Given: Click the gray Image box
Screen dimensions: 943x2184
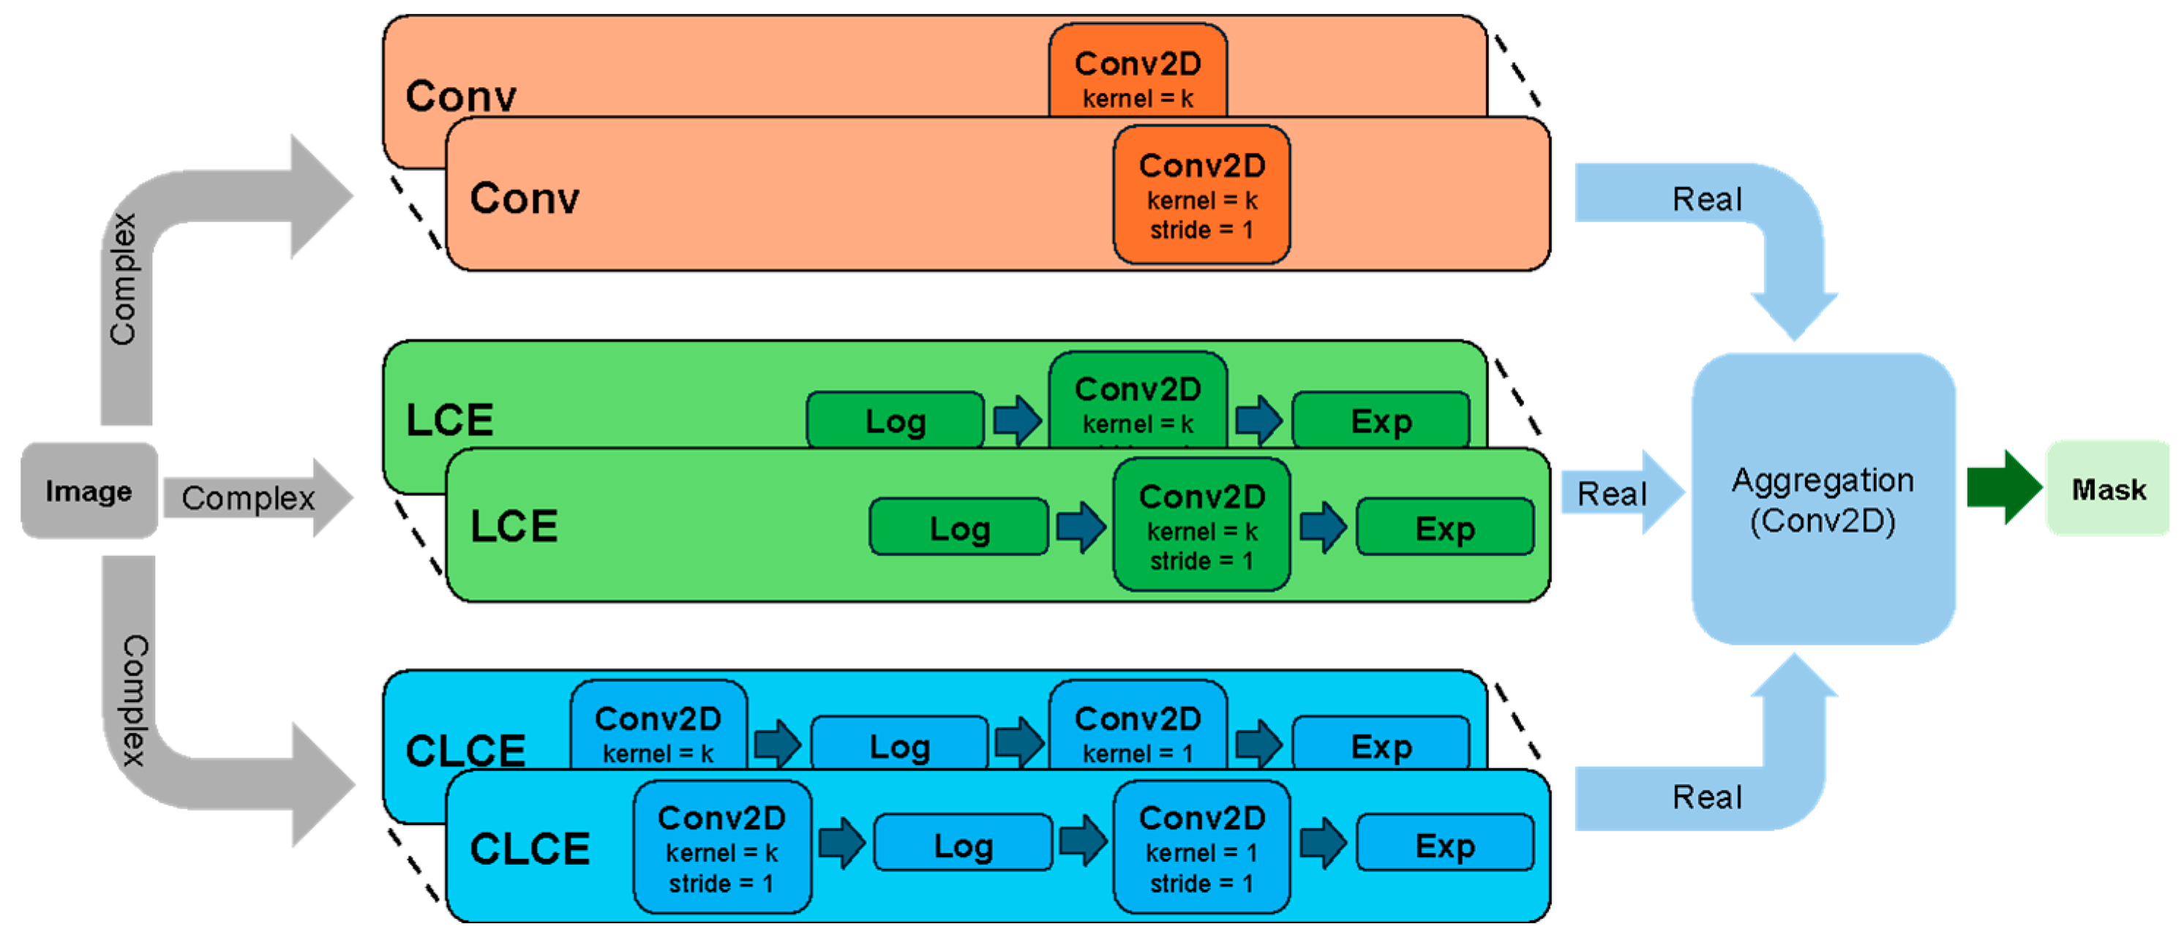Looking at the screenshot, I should [89, 490].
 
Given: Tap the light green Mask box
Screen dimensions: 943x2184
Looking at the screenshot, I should [2108, 489].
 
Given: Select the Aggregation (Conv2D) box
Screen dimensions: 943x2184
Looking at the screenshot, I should [1823, 500].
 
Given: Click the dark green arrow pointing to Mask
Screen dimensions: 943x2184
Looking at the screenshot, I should [2003, 489].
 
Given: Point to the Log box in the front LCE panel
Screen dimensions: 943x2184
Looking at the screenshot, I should [959, 527].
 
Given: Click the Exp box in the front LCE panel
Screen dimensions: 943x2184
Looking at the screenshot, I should [1445, 527].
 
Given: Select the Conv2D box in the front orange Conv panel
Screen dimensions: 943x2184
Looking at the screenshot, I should [1201, 195].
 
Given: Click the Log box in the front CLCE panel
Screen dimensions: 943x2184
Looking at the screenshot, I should [963, 845].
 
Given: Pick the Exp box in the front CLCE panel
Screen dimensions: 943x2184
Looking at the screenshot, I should [1445, 845].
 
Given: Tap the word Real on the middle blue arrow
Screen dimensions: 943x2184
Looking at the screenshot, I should [1611, 494].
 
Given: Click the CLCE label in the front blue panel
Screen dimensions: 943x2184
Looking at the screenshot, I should [529, 848].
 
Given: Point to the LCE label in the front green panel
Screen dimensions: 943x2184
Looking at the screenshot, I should [514, 526].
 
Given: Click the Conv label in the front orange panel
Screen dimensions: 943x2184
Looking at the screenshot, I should [524, 198].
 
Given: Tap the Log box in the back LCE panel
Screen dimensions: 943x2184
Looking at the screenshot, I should [896, 421].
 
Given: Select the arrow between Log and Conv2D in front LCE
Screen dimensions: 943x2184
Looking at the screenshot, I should [1081, 527].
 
